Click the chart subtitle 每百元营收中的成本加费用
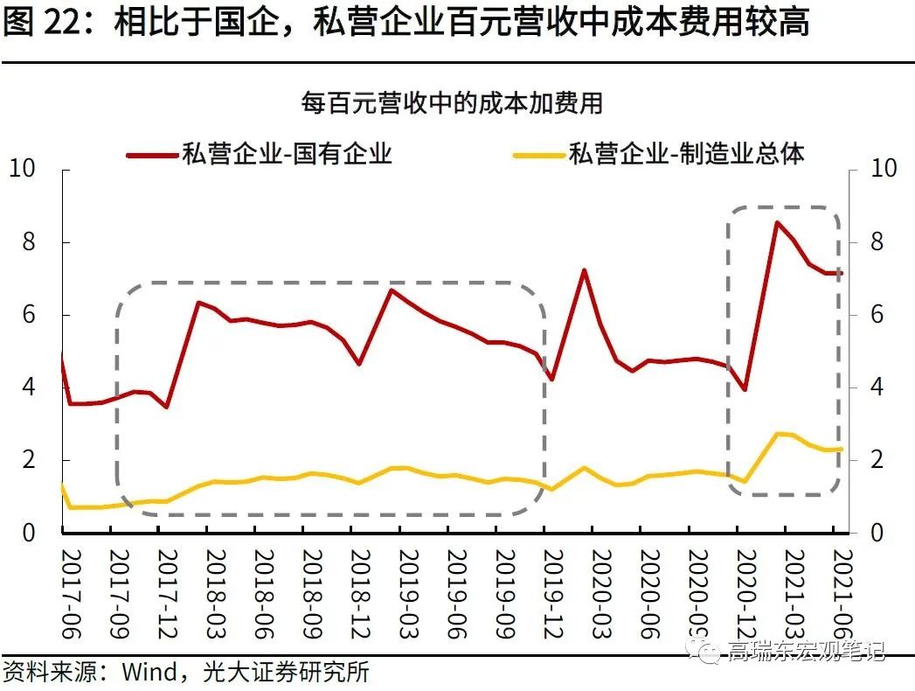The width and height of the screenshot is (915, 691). pos(452,103)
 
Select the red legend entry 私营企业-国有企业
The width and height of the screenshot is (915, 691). pos(286,155)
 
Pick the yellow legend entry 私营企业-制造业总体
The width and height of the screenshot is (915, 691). pos(685,155)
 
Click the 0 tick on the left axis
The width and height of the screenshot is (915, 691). pos(30,533)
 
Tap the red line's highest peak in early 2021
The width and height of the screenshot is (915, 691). pos(776,222)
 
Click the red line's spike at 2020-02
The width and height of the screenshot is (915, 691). pos(583,270)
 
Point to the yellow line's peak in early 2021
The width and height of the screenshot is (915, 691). pos(776,434)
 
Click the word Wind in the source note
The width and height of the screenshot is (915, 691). pos(147,673)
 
